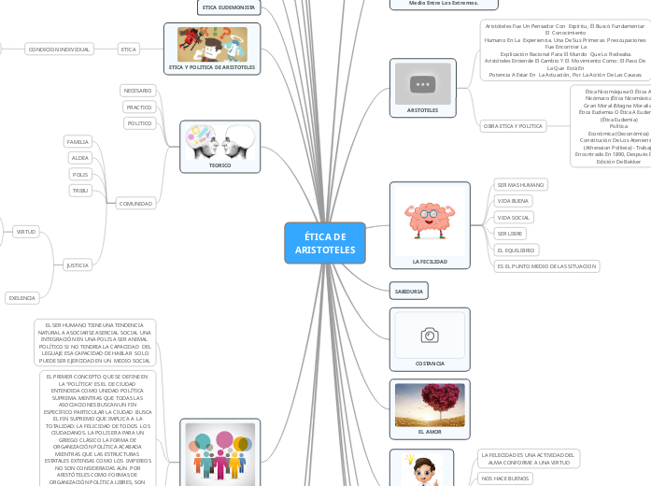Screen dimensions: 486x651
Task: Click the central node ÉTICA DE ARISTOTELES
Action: (325, 243)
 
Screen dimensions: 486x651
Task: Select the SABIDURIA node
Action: (408, 292)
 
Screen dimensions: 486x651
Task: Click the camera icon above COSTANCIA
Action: (429, 334)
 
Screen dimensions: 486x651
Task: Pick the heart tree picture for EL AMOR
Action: (429, 405)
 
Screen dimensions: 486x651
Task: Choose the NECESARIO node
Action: (138, 91)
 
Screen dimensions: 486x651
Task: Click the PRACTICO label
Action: (139, 107)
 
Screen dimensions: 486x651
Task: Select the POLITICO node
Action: (139, 123)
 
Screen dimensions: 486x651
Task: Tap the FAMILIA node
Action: (78, 142)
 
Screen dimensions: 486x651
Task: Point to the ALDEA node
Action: (80, 158)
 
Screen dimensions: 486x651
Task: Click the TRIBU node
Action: (80, 191)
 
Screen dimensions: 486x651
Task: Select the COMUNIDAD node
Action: (136, 203)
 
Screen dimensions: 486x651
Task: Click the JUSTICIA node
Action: (78, 265)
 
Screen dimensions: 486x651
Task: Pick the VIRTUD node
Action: (25, 231)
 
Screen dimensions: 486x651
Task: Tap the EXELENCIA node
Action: (21, 298)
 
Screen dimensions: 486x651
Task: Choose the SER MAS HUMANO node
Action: (520, 185)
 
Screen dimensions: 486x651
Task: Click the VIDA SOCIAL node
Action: (514, 217)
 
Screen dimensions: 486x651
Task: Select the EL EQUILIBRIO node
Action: (516, 250)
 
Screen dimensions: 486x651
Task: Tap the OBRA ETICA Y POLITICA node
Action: (512, 125)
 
